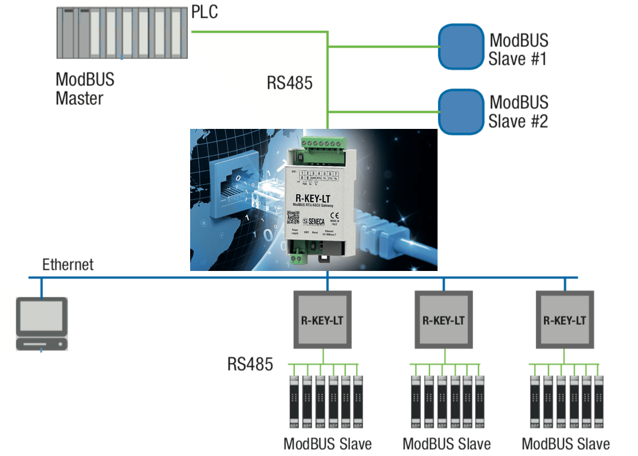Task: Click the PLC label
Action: pyautogui.click(x=204, y=11)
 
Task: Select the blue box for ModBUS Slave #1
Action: pyautogui.click(x=461, y=46)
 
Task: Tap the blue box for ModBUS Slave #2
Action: pyautogui.click(x=461, y=112)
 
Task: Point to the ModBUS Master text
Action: pyautogui.click(x=85, y=88)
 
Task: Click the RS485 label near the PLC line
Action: pyautogui.click(x=290, y=83)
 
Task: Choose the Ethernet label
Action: pyautogui.click(x=68, y=264)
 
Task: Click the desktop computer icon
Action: pyautogui.click(x=41, y=324)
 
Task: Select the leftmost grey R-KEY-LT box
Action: pyautogui.click(x=322, y=320)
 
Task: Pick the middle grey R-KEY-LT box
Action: pyautogui.click(x=443, y=320)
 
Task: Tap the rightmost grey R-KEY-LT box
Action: pyautogui.click(x=564, y=320)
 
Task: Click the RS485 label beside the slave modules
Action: pyautogui.click(x=250, y=364)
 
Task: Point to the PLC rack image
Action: pyautogui.click(x=122, y=33)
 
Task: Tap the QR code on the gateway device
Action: pyautogui.click(x=293, y=218)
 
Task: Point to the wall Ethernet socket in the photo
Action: pyautogui.click(x=232, y=183)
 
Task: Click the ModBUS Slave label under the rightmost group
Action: pyautogui.click(x=566, y=443)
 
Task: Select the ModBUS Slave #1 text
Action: pyautogui.click(x=518, y=49)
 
